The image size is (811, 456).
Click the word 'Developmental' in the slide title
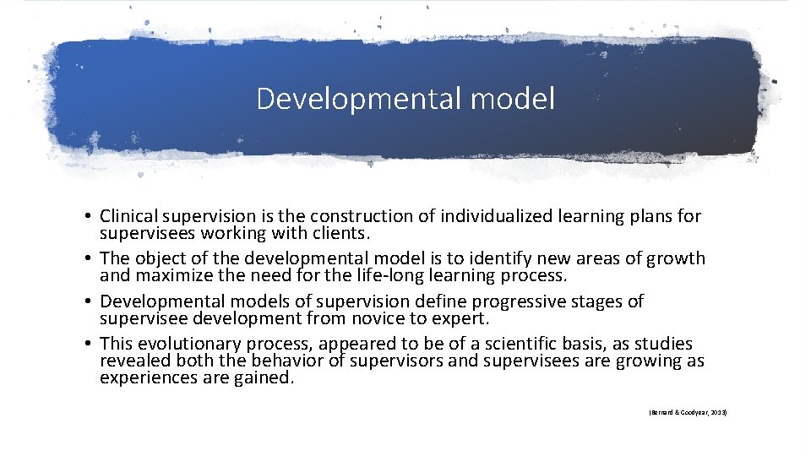point(347,99)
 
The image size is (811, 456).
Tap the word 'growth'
point(678,258)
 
